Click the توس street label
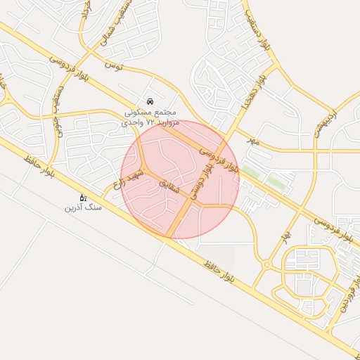coord(113,65)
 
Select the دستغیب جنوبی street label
coord(58,105)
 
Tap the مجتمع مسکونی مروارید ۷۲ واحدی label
coord(151,117)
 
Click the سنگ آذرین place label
coord(83,208)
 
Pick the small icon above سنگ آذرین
coord(82,198)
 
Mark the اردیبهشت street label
coord(323,122)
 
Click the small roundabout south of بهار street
coord(266,264)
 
